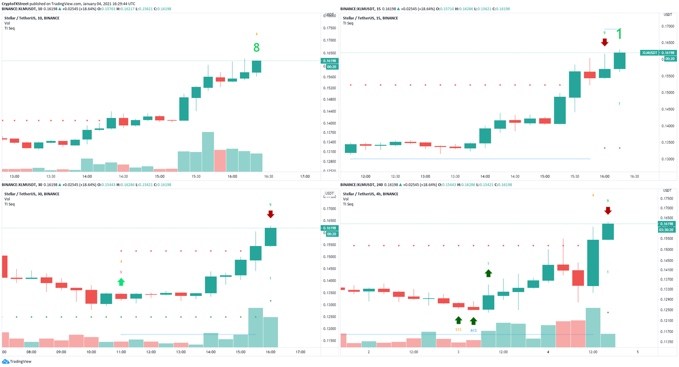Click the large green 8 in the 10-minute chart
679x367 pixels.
(x=256, y=48)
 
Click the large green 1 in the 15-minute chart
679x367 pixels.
(x=619, y=34)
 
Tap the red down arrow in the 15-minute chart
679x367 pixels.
(x=604, y=42)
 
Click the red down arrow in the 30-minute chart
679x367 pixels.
(x=271, y=214)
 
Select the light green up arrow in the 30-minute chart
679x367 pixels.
(x=121, y=282)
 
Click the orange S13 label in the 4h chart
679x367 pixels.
(x=458, y=330)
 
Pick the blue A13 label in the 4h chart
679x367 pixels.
(x=473, y=330)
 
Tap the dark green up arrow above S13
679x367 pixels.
(x=458, y=320)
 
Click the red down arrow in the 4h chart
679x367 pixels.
(x=608, y=211)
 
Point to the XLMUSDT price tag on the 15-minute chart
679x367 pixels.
(x=649, y=53)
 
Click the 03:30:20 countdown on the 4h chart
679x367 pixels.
(x=667, y=230)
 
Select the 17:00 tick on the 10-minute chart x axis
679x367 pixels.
(x=305, y=176)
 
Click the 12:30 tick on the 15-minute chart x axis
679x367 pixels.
(x=395, y=176)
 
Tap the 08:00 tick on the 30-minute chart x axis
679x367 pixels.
(x=31, y=352)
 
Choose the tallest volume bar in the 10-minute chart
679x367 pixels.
(x=208, y=151)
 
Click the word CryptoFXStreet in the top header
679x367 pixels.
(x=15, y=4)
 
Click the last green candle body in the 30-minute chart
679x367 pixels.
(x=271, y=237)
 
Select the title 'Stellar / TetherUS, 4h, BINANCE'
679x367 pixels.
(x=370, y=194)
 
